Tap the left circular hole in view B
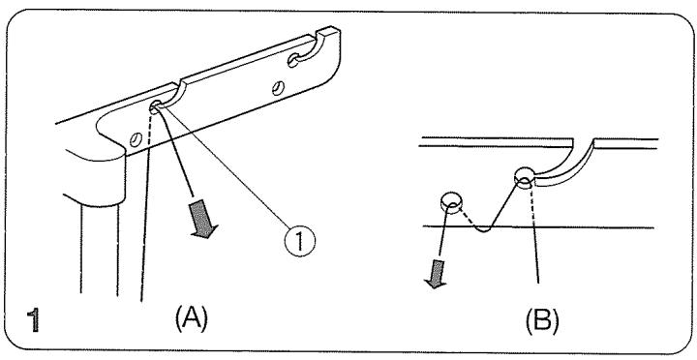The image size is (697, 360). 449,201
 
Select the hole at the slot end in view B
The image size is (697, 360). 524,177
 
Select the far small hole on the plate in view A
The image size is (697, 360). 281,88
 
